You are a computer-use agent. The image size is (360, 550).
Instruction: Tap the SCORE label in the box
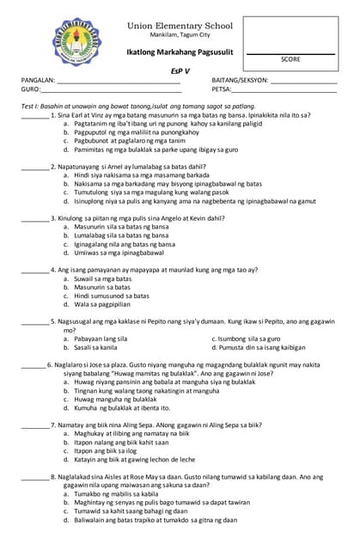point(290,59)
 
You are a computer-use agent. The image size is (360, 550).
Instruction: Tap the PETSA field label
point(222,89)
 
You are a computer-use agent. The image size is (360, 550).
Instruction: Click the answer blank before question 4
point(34,270)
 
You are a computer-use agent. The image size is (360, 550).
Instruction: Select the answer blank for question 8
point(34,476)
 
